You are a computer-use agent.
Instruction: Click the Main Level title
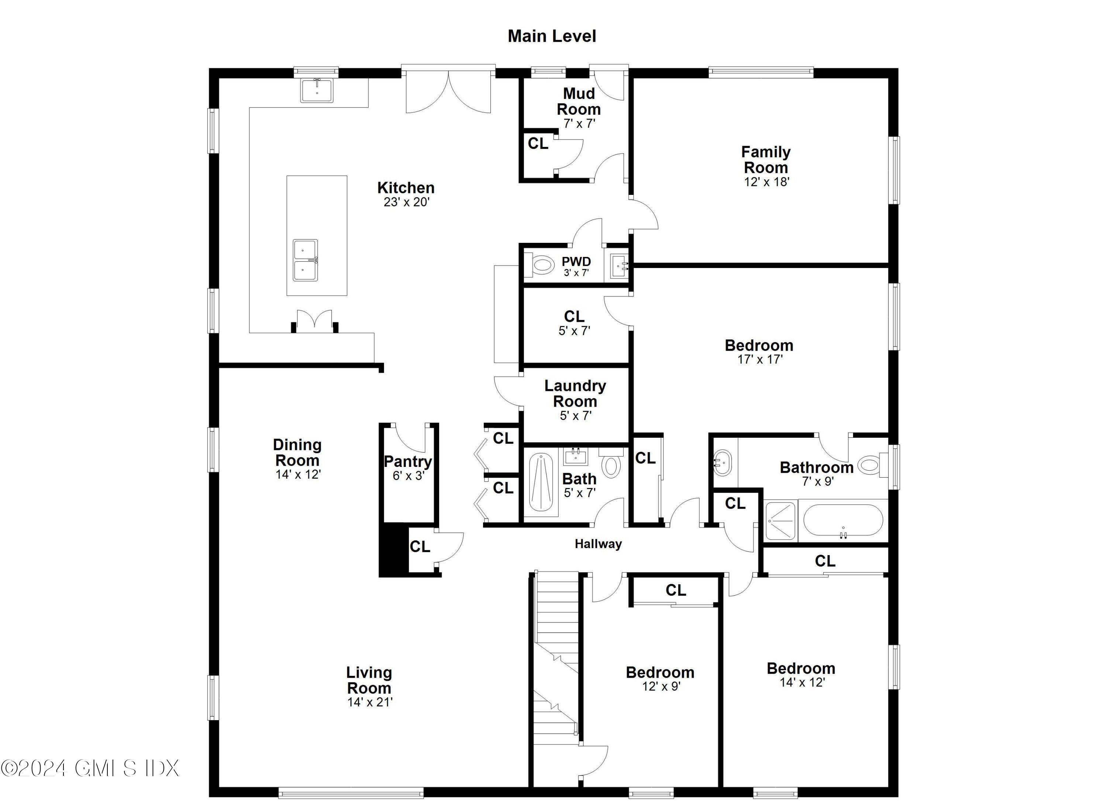[552, 36]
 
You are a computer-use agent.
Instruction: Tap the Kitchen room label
[406, 188]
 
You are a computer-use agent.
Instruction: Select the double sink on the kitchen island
[306, 260]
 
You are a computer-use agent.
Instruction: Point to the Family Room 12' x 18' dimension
[766, 182]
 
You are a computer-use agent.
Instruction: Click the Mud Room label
[579, 101]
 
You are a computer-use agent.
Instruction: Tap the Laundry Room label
[576, 393]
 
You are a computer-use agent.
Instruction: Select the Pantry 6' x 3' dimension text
[408, 475]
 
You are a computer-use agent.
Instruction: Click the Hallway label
[598, 544]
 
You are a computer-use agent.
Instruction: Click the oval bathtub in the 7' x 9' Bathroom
[843, 520]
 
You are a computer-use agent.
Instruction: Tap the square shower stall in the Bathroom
[780, 520]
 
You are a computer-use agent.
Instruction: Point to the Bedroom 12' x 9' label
[660, 673]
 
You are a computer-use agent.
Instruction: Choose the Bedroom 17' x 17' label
[759, 345]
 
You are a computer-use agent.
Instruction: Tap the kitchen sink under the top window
[317, 91]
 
